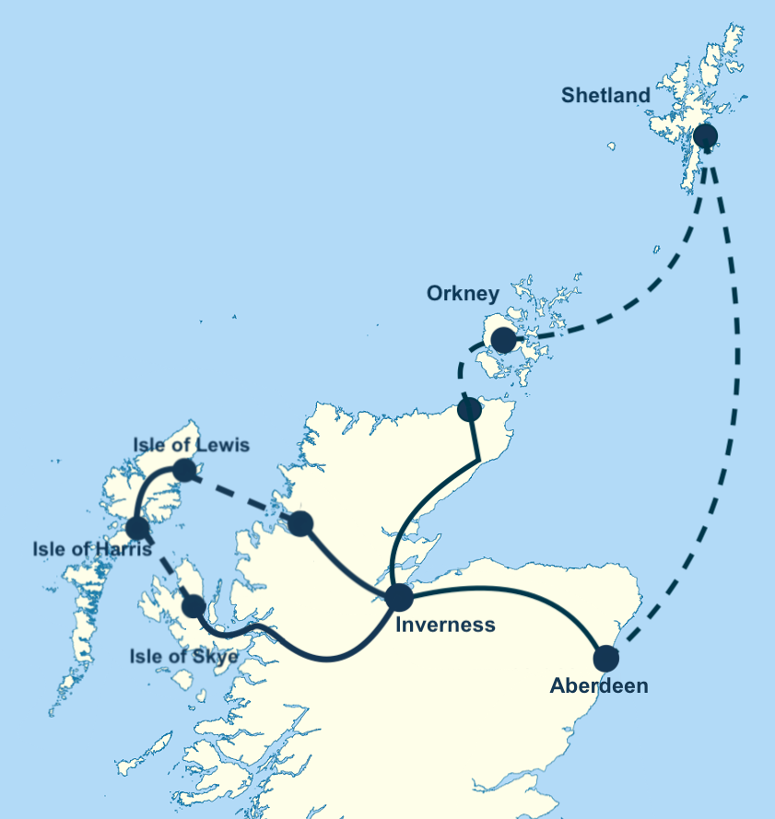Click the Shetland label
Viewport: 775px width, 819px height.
pos(605,96)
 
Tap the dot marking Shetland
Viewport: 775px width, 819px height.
pos(705,136)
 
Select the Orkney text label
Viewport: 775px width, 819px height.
pos(463,294)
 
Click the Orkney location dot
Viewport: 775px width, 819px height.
pos(503,341)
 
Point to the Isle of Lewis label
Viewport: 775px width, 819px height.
pos(191,445)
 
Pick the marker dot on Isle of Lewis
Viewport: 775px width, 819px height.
pos(185,471)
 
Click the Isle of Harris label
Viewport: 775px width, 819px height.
pos(91,551)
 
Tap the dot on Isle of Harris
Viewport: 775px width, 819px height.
pos(137,528)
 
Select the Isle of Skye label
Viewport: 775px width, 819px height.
pos(182,656)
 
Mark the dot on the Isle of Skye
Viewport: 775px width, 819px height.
pos(194,606)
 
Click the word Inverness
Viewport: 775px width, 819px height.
pos(445,626)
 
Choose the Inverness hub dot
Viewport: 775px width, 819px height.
pos(399,597)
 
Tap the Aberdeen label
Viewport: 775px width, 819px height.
pos(599,686)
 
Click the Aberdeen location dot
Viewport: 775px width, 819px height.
pos(605,659)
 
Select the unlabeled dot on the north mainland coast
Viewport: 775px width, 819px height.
pos(470,409)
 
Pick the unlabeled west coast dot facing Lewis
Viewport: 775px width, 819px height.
pos(300,524)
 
